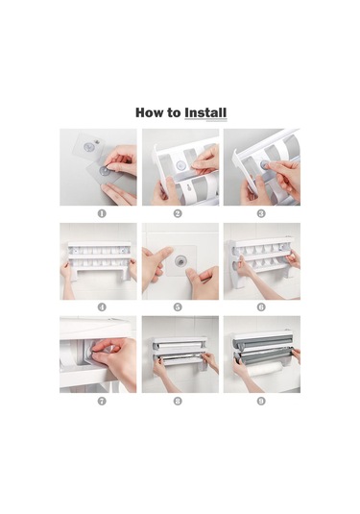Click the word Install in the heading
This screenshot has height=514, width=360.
coord(205,112)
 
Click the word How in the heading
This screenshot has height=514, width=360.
coord(149,112)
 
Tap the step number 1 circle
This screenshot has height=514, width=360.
coord(102,213)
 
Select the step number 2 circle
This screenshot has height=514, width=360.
coord(178,213)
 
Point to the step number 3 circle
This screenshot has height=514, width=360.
coord(261,213)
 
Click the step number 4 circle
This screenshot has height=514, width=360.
coord(102,307)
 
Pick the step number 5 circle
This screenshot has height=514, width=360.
coord(178,307)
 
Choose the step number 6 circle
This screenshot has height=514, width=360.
coord(261,307)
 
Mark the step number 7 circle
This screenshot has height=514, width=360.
coord(102,401)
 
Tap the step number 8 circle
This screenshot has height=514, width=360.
coord(178,401)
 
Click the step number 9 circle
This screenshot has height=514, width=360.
coord(261,401)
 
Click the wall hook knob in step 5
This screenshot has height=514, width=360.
coord(180,261)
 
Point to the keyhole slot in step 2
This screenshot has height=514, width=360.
coord(189,189)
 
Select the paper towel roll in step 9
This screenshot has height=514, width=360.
coord(265,370)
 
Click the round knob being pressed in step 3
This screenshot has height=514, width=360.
coord(264,164)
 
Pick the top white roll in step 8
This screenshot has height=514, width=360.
coord(180,346)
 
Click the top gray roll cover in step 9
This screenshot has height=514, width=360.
coord(262,342)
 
